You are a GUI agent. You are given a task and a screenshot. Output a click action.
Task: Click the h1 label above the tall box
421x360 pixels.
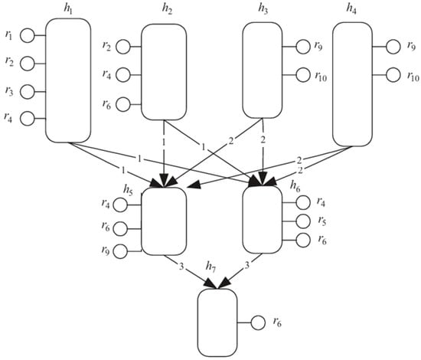point(69,8)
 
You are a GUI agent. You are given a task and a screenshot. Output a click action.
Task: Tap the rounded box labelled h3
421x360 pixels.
point(263,70)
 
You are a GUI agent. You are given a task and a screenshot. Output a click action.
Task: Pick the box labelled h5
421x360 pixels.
point(164,221)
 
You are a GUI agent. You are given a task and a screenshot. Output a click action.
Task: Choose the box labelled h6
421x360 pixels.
point(263,221)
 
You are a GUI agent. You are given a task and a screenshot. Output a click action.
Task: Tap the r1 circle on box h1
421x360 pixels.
point(27,35)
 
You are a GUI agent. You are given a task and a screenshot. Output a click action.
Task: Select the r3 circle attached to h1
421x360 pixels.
point(27,91)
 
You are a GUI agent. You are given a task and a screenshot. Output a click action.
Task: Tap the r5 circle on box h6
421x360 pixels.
point(302,221)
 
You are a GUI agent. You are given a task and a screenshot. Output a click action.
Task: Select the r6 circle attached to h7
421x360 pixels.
point(259,323)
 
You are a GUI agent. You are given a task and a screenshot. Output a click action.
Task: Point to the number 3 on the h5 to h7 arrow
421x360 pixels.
point(181,266)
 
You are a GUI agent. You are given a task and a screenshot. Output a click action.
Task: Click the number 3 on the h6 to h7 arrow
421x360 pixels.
point(247,266)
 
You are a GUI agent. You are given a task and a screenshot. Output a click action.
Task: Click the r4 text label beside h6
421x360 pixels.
point(321,203)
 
